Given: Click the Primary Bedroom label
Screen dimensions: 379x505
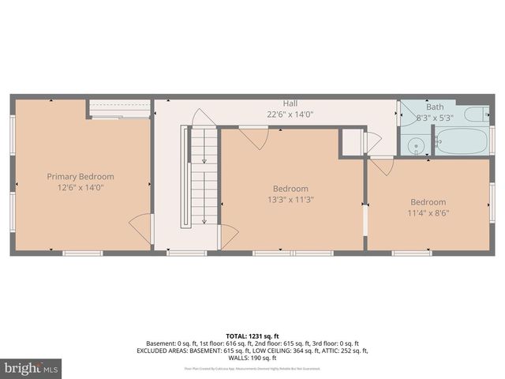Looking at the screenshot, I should click(x=80, y=177).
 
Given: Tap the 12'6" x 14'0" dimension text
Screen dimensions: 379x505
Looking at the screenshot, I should click(x=80, y=188).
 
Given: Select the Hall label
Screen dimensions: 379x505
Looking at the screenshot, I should click(x=290, y=103).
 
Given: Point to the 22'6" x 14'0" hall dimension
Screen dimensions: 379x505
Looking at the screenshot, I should click(x=290, y=114).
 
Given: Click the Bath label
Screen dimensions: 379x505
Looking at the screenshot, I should click(x=435, y=107).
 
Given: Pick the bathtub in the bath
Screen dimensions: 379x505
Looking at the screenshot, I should click(x=462, y=141).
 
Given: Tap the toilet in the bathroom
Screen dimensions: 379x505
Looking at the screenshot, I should click(x=476, y=115).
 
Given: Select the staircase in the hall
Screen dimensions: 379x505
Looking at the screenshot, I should click(x=200, y=176).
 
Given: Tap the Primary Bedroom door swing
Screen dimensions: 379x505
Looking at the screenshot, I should click(x=141, y=227).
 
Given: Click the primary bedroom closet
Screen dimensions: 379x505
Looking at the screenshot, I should click(x=119, y=108).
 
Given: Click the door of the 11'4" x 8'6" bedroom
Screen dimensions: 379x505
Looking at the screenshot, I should click(x=382, y=167).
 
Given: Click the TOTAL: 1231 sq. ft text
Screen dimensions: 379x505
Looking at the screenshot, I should click(x=252, y=336).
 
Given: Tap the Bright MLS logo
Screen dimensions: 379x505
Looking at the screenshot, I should click(x=32, y=368).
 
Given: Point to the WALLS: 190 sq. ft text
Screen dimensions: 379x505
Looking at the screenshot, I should click(x=252, y=358).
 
